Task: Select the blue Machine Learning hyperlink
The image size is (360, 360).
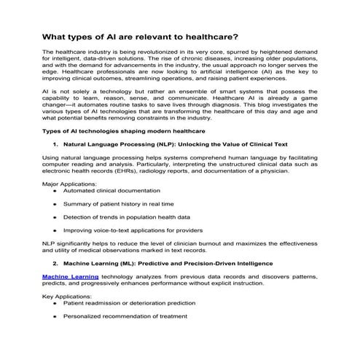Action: [68, 278]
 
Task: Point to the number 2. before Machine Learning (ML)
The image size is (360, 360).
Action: [56, 262]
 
